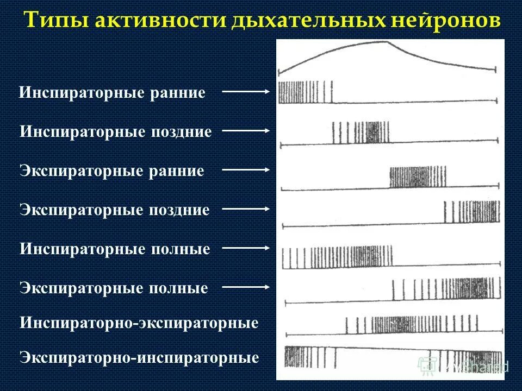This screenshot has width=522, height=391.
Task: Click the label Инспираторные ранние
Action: pyautogui.click(x=112, y=93)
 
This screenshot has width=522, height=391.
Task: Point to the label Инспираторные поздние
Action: pyautogui.click(x=115, y=131)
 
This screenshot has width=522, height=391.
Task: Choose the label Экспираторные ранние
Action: pyautogui.click(x=111, y=171)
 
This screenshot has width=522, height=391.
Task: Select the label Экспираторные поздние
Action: pyautogui.click(x=114, y=210)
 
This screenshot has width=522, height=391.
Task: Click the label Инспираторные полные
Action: pyautogui.click(x=114, y=249)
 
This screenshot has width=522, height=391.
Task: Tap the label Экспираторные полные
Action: pyautogui.click(x=114, y=288)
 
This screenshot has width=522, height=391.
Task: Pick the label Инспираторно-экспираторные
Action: pyautogui.click(x=139, y=324)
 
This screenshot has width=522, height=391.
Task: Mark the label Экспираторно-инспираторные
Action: pyautogui.click(x=139, y=358)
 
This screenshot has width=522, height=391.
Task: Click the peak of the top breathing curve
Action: pyautogui.click(x=386, y=42)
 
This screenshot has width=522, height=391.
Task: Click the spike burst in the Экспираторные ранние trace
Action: pyautogui.click(x=418, y=177)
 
